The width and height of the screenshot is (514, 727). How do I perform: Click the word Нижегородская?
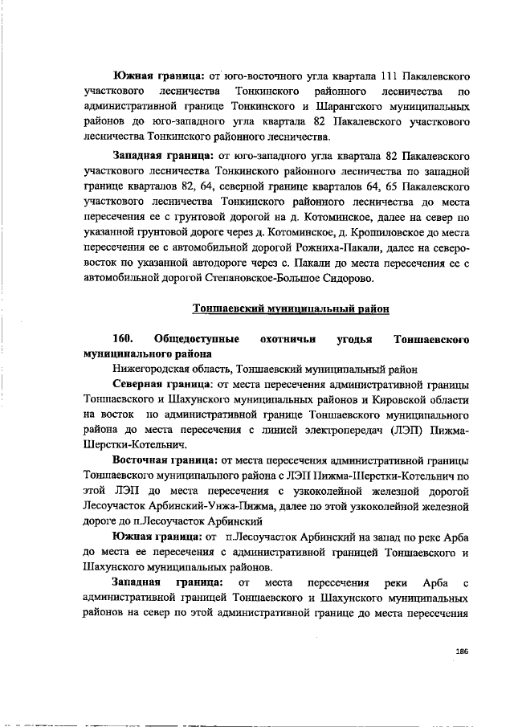[x=129, y=370]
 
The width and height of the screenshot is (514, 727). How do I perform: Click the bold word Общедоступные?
[x=195, y=338]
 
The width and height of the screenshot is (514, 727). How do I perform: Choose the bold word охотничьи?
[x=281, y=338]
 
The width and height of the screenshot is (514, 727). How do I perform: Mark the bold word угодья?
[x=354, y=338]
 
